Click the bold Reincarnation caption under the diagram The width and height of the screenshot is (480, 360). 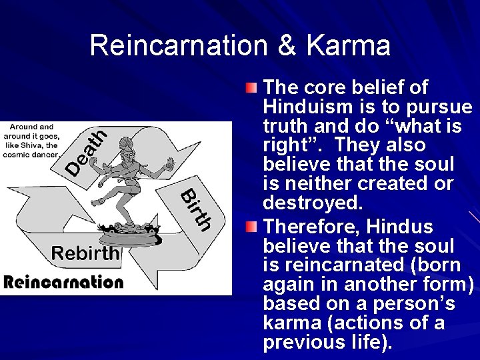(63, 281)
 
